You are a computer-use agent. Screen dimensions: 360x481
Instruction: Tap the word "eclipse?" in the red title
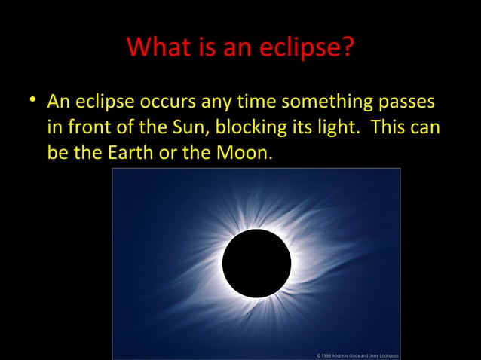308,47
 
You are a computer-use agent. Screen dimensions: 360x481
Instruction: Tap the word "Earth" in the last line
130,154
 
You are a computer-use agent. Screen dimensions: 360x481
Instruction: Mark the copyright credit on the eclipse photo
357,355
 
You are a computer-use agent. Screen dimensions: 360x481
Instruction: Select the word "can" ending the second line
427,127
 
